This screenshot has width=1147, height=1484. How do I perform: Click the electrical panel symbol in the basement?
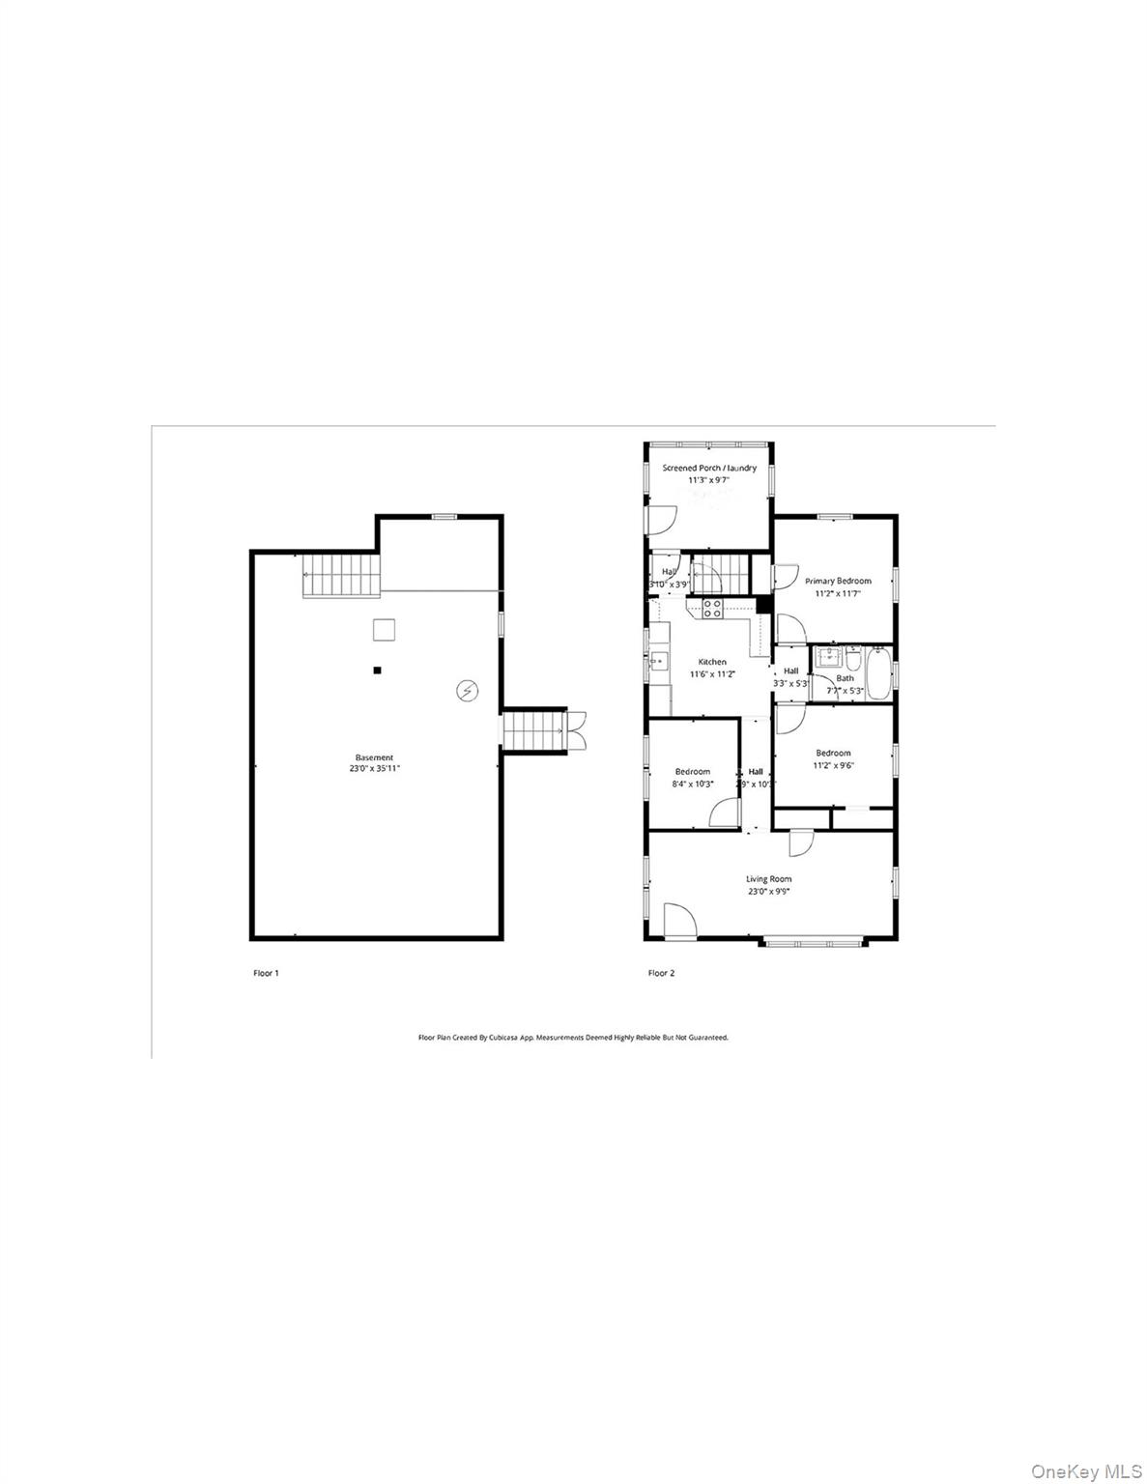pos(468,690)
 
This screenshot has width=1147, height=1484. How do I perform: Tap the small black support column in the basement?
pos(378,670)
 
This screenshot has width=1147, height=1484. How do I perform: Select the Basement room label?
pos(374,757)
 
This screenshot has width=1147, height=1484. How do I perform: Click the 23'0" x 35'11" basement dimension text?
pos(374,769)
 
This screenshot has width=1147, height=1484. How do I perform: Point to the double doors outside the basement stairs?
pos(577,730)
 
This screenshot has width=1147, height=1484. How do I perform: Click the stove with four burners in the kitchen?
pos(712,608)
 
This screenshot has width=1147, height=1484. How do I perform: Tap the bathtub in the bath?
pos(879,672)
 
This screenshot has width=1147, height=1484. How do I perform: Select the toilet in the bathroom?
pos(853,661)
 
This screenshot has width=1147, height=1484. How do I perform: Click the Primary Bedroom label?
pos(838,581)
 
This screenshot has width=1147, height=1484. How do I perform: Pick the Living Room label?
pos(768,879)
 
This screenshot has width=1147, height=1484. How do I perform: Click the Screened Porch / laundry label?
pos(708,468)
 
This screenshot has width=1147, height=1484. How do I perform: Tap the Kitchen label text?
pos(712,662)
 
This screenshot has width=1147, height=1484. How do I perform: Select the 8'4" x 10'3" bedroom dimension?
pos(693,784)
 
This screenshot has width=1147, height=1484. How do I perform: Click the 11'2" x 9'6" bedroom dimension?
pos(833,765)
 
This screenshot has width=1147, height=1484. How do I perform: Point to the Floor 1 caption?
pos(266,973)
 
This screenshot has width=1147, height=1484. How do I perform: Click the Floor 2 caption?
pos(661,973)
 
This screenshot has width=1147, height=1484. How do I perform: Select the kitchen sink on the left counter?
pos(657,662)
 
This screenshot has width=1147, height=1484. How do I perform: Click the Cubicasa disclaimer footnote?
pos(572,1037)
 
